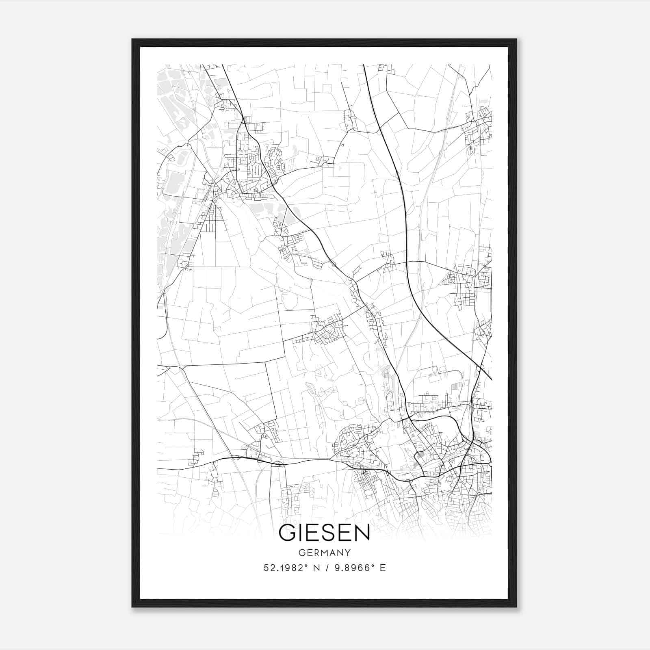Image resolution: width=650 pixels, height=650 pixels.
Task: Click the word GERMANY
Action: coord(325,553)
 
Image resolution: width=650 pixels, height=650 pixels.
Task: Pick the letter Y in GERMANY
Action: coord(348,553)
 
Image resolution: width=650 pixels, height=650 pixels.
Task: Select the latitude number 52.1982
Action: coord(282,568)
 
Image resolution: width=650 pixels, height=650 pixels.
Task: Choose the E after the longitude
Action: coord(383,568)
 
